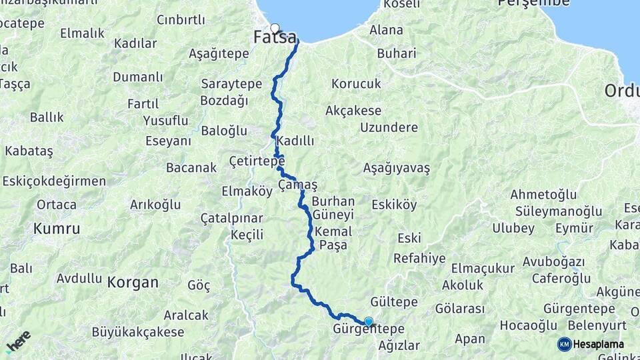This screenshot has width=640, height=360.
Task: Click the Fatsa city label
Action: [x=275, y=39]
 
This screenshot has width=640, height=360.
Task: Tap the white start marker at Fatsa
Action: [x=275, y=29]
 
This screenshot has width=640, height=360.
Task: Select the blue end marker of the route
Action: [x=369, y=322]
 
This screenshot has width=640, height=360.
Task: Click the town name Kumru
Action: [x=57, y=229]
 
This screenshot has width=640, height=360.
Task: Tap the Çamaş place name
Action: [x=297, y=185]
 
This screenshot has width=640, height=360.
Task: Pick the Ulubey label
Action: [x=513, y=228]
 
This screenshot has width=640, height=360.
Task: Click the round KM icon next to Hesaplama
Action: [x=564, y=344]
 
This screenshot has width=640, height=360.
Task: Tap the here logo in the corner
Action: [x=18, y=341]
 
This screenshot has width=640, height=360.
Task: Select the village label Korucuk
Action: [x=356, y=84]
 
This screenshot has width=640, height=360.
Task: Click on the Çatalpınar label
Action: [x=232, y=218]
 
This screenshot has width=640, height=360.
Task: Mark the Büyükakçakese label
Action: [x=129, y=332]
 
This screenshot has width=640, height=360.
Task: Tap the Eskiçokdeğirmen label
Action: [x=54, y=181]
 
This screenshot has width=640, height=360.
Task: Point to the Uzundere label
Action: [x=389, y=127]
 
